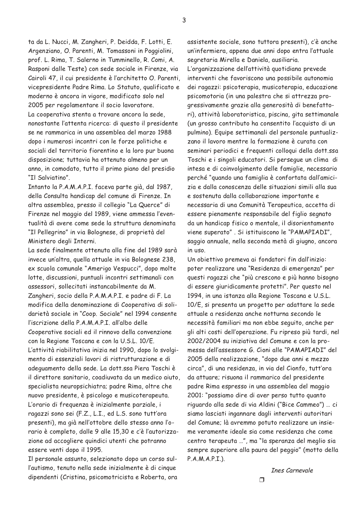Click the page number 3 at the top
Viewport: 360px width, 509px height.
184,20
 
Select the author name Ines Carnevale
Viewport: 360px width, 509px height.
292,470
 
